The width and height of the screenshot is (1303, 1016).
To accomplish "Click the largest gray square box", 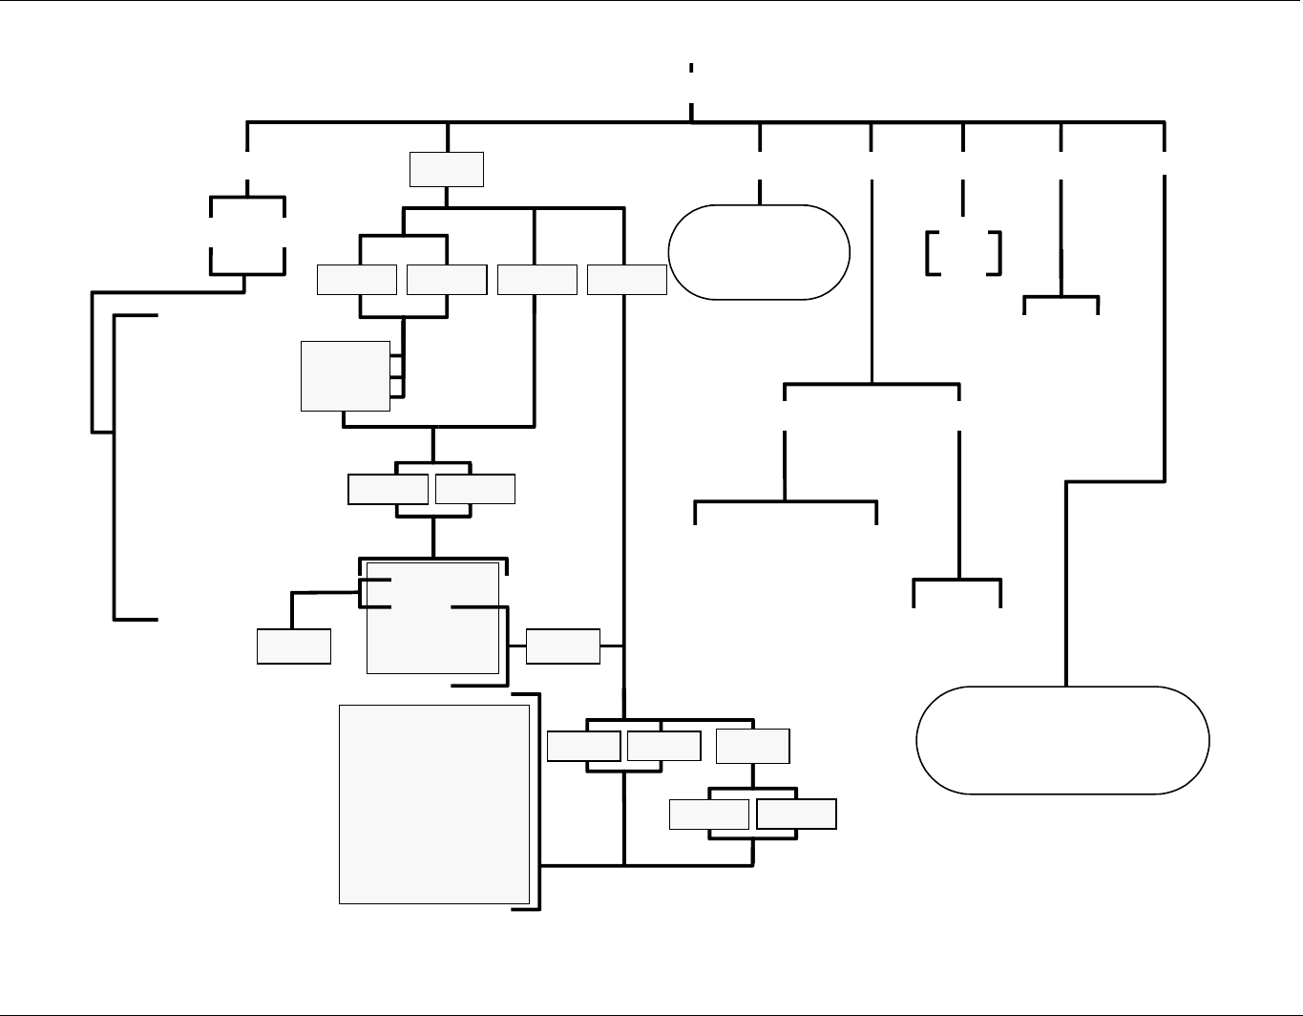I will tap(434, 804).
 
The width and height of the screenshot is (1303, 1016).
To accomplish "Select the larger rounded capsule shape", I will tap(1062, 740).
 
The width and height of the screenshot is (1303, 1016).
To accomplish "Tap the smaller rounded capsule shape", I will tap(759, 252).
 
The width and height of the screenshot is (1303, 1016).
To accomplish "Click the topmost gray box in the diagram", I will tap(447, 169).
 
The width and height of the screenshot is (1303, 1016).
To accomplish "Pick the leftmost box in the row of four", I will tap(357, 280).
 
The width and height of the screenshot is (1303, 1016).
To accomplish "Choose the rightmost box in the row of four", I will tap(626, 280).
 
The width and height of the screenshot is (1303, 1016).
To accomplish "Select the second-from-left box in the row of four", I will tap(447, 280).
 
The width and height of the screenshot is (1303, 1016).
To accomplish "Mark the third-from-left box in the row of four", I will tap(536, 280).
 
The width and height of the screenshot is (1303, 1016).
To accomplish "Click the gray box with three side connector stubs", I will tap(345, 375).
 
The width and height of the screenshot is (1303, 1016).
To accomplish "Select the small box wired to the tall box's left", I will tap(294, 646).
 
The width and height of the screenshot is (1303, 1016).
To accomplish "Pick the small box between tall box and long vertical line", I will tap(563, 646).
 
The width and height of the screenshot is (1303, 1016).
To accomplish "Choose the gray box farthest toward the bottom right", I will tap(796, 814).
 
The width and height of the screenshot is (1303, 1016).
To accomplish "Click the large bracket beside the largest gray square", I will tap(538, 802).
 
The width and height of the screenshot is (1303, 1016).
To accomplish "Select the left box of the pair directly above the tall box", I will tap(388, 489).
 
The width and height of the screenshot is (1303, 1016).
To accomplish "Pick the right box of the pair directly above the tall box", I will tap(475, 489).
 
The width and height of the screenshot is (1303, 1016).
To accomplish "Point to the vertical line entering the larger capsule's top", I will tap(1065, 582).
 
